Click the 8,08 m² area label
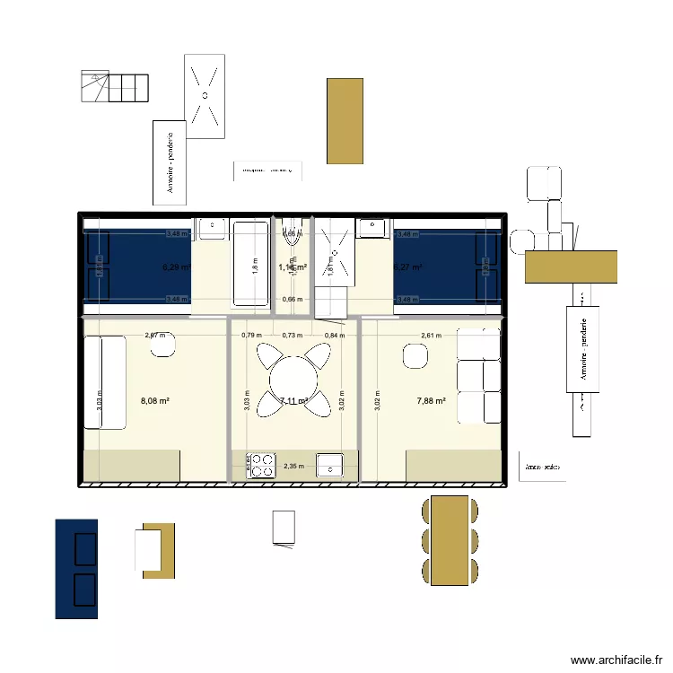click(x=154, y=401)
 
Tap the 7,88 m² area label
click(x=432, y=401)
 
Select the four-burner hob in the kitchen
click(x=262, y=465)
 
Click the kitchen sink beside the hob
click(x=331, y=465)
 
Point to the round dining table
click(x=293, y=378)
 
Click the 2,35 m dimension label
click(x=293, y=466)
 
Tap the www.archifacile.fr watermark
click(x=616, y=660)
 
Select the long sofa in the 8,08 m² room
click(x=103, y=382)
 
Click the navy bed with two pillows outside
click(x=76, y=569)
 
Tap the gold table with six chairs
click(x=450, y=540)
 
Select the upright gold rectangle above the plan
click(x=345, y=121)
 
